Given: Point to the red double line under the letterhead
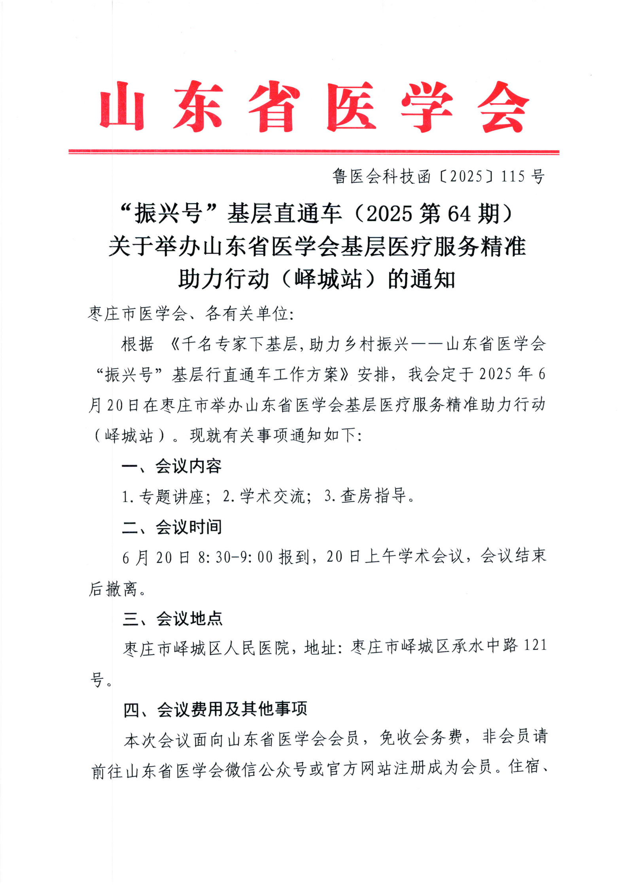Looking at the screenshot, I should [x=314, y=152].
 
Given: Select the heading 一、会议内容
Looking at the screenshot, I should [x=171, y=466].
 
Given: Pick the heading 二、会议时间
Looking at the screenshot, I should [x=171, y=527].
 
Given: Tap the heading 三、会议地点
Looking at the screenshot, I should [x=172, y=619].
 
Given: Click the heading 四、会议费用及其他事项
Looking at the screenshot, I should [x=215, y=710].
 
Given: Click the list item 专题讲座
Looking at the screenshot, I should [x=171, y=496].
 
